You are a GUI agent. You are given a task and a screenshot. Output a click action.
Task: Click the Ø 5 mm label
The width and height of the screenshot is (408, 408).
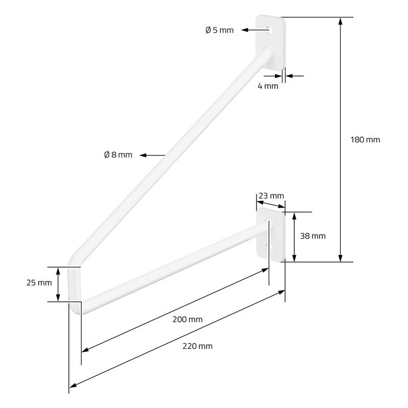tap(219, 30)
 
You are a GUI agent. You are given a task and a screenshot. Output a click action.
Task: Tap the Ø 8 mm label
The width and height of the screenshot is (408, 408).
tap(118, 155)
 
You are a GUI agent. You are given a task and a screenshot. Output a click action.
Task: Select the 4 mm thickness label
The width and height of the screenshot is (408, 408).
tap(268, 86)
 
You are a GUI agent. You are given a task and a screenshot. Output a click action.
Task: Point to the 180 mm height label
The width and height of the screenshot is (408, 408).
tap(365, 140)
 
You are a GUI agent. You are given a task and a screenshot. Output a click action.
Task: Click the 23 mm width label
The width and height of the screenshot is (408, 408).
tap(271, 196)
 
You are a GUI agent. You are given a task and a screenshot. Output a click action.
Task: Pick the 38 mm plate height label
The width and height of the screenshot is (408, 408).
tap(313, 236)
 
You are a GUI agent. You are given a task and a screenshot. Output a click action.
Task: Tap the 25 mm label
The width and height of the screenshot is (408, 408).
tap(39, 283)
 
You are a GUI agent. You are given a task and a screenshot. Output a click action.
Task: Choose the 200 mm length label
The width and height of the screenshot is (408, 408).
tap(187, 319)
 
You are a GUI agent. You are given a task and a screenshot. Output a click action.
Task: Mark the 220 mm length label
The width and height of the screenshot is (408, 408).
tap(197, 346)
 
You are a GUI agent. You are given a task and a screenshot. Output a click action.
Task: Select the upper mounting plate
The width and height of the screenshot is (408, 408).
tap(270, 43)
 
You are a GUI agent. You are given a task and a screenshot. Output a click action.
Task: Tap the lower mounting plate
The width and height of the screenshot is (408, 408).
tap(271, 235)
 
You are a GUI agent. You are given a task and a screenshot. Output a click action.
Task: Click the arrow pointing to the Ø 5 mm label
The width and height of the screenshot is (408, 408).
tap(256, 30)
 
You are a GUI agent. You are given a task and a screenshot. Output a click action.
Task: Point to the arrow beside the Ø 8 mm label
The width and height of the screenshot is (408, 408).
tap(152, 156)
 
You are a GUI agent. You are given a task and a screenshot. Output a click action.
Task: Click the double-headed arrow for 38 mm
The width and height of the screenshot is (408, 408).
tap(294, 237)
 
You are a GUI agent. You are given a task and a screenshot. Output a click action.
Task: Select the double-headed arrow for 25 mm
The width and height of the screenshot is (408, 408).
tap(58, 284)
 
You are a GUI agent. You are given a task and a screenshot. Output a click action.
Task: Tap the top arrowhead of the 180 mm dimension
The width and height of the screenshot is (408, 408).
tap(340, 21)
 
